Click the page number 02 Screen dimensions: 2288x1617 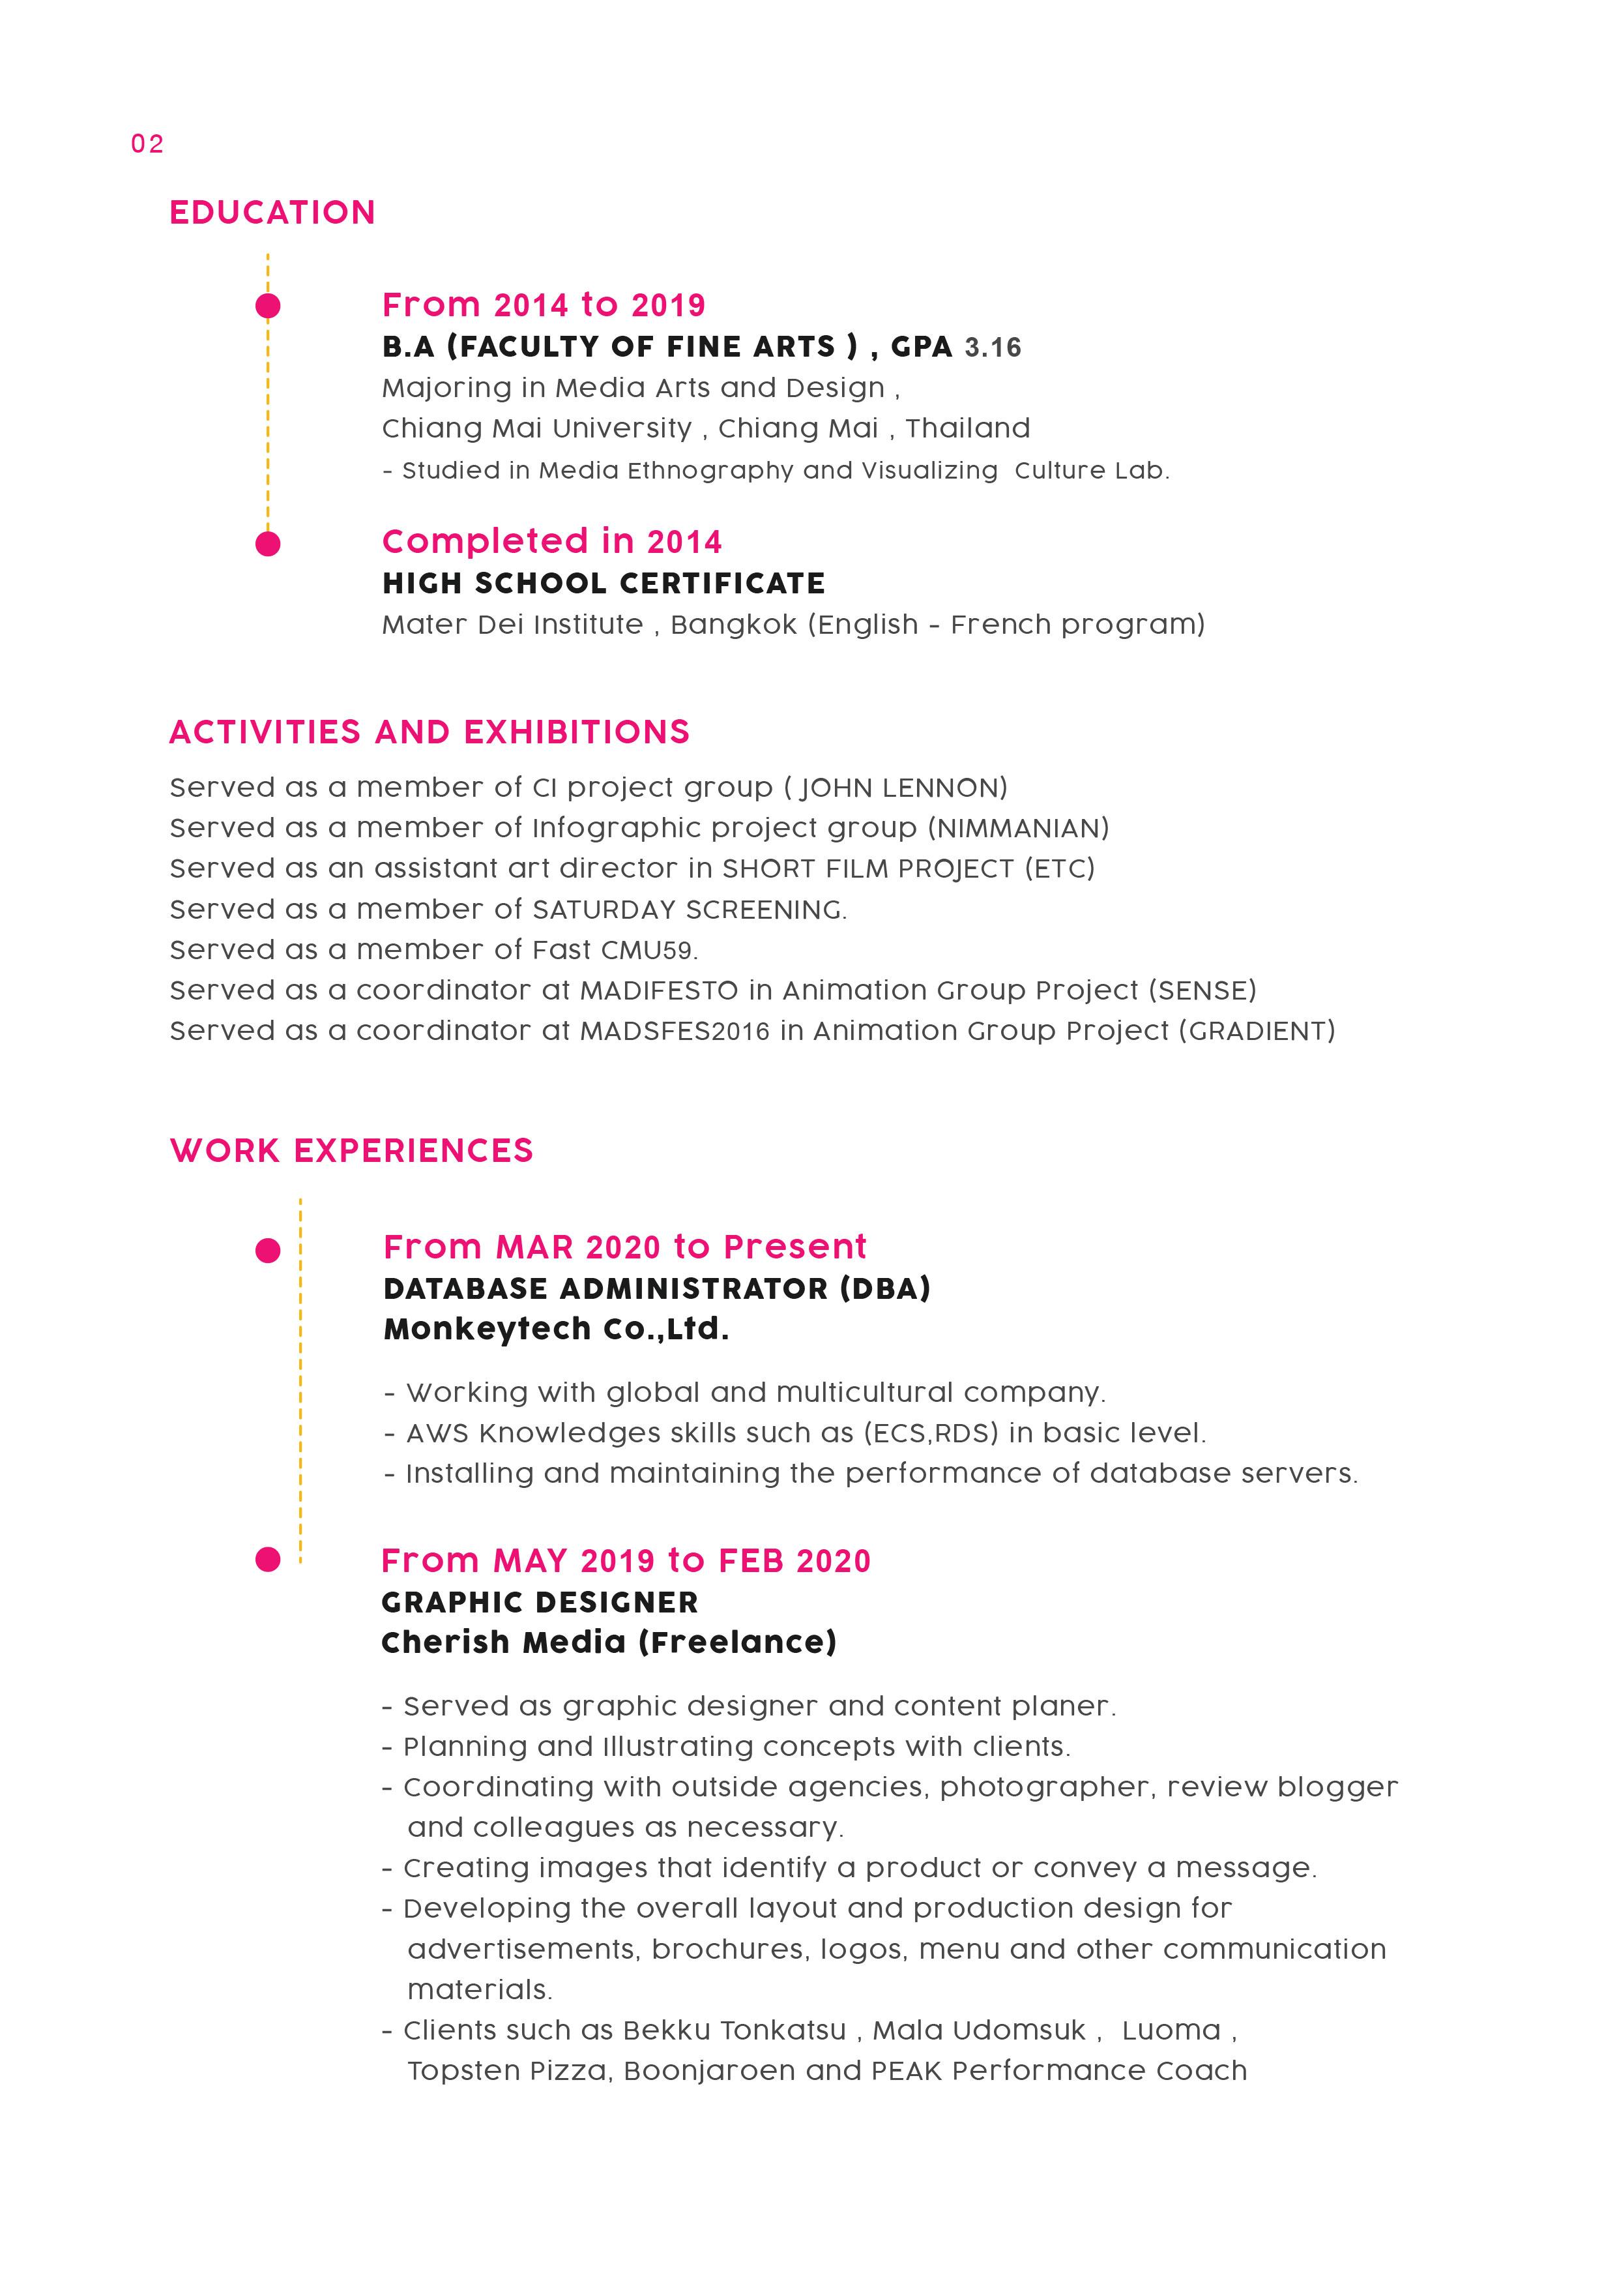[147, 145]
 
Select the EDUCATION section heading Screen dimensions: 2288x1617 [272, 213]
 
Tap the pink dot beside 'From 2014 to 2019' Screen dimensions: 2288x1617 [268, 306]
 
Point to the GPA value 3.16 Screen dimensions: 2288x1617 [993, 348]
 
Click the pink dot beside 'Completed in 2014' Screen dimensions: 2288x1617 [268, 544]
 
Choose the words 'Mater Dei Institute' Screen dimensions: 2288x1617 [512, 625]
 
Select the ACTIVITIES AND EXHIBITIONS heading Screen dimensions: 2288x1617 [430, 732]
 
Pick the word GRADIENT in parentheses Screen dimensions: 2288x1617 [1257, 1032]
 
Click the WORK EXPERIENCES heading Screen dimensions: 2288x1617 [352, 1151]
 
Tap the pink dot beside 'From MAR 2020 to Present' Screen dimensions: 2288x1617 [268, 1251]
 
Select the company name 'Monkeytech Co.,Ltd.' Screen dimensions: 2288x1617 [556, 1330]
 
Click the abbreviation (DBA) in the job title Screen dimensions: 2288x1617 [884, 1288]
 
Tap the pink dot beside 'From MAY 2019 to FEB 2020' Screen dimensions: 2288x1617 [268, 1560]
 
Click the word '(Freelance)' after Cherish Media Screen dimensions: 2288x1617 [736, 1642]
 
